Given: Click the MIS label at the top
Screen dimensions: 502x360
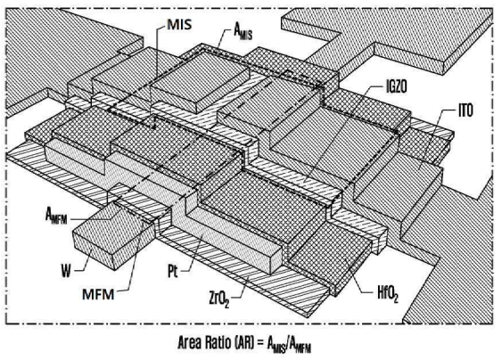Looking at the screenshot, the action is tap(179, 25).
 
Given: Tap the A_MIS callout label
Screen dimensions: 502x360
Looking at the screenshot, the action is tap(243, 32).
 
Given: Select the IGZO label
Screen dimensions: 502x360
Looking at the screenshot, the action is tap(397, 87).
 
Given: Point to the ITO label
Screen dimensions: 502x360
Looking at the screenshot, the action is tap(465, 110).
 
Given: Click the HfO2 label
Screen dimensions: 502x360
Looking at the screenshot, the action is tap(388, 293).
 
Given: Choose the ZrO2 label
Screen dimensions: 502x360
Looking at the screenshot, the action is tap(219, 299).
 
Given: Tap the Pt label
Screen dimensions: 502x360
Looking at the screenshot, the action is tap(173, 272).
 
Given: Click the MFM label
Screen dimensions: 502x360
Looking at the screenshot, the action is tap(98, 294).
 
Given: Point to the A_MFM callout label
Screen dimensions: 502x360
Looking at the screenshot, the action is tap(56, 216).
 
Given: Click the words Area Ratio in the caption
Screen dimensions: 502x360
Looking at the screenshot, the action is tap(204, 342).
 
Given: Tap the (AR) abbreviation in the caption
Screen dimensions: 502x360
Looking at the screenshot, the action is tap(244, 342).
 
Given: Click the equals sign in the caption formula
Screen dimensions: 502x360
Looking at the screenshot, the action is tap(260, 343).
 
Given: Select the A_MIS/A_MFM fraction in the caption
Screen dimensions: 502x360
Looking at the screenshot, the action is tap(289, 344).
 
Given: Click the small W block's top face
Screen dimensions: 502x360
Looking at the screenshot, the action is tap(109, 220).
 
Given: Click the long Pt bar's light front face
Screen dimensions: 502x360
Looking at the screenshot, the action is tap(235, 238).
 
